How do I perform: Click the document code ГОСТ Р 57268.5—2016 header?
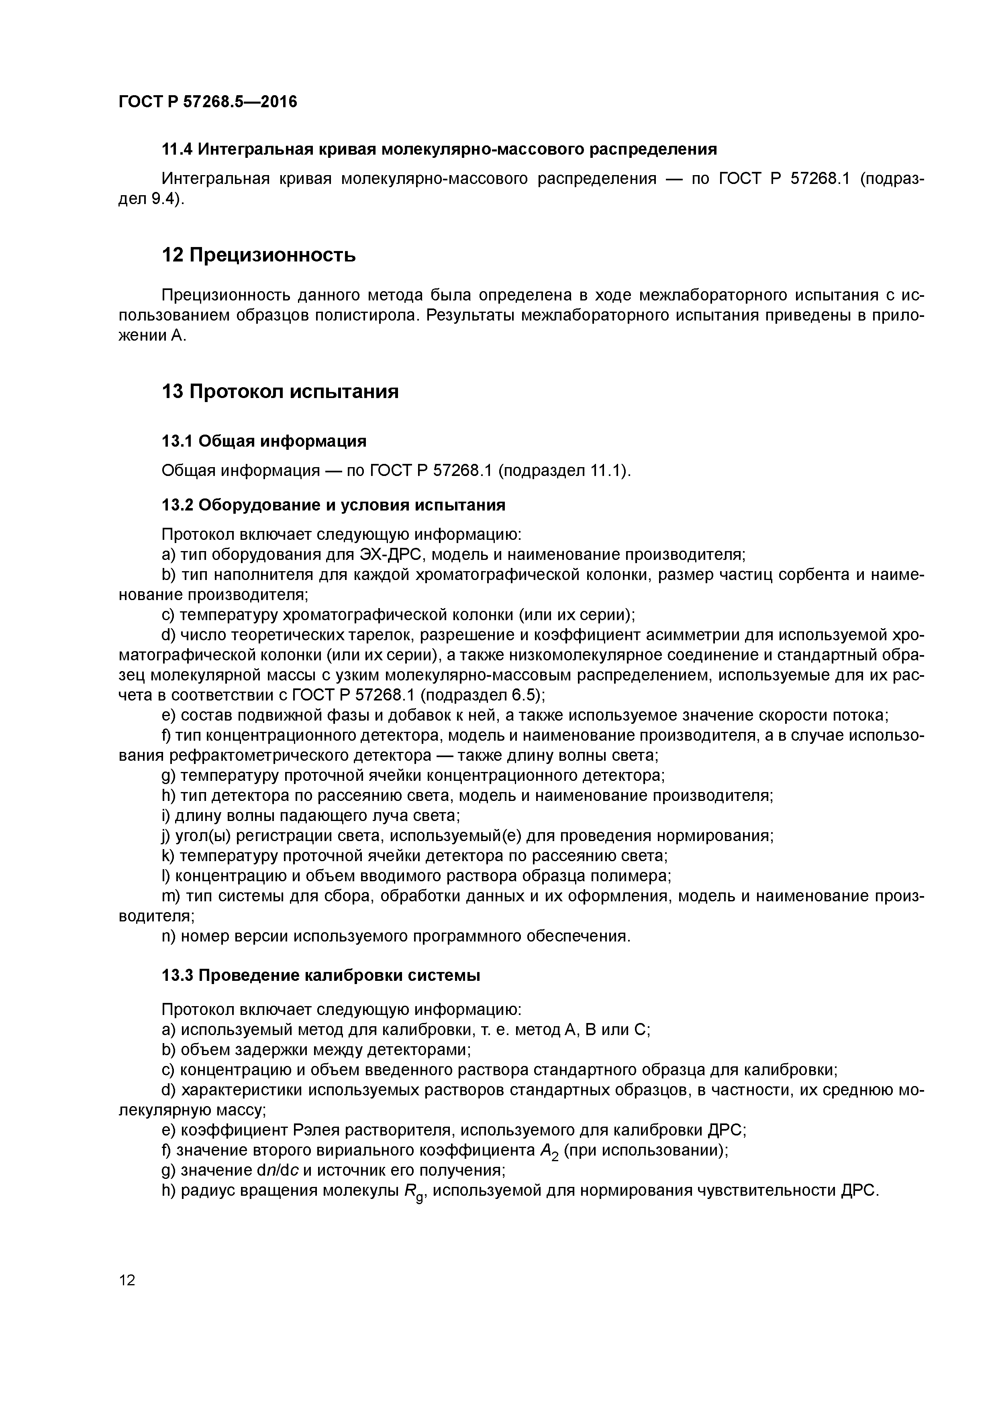pyautogui.click(x=207, y=101)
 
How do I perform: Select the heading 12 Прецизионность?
pyautogui.click(x=258, y=255)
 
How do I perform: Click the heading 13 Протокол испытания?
pyautogui.click(x=280, y=391)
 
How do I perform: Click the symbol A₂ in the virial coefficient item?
pyautogui.click(x=549, y=1152)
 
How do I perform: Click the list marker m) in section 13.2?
pyautogui.click(x=170, y=896)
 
